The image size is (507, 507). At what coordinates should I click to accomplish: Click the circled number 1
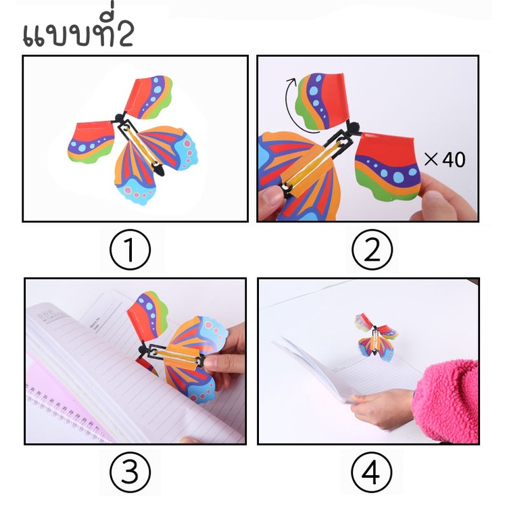pos(129,249)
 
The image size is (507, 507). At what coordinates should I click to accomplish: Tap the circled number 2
pos(371,249)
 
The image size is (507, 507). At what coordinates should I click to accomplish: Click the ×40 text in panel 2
pos(445,160)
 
